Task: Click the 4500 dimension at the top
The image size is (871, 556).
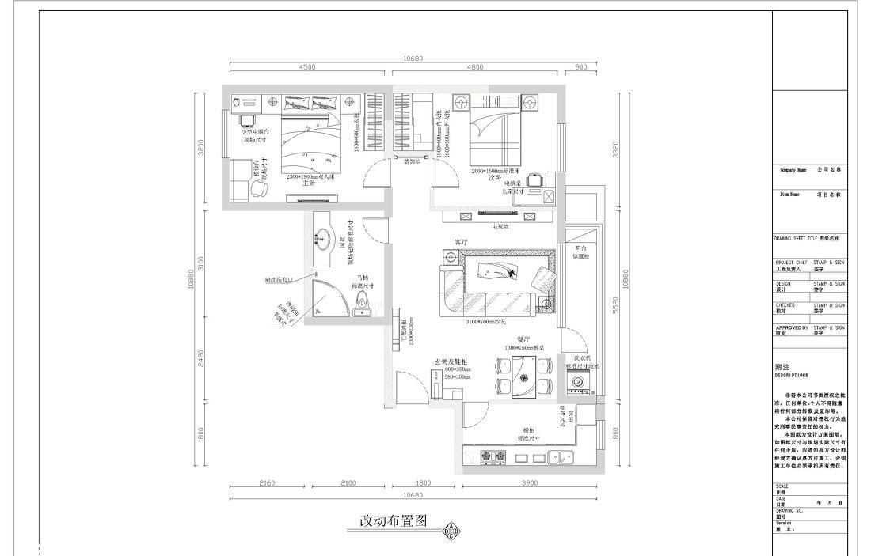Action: click(x=307, y=67)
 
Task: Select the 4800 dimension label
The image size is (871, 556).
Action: click(x=475, y=67)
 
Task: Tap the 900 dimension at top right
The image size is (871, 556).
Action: click(x=580, y=67)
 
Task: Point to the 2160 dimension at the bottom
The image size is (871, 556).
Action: click(x=267, y=483)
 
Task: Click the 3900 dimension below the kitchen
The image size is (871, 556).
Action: click(x=530, y=483)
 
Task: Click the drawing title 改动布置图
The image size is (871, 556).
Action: click(x=394, y=521)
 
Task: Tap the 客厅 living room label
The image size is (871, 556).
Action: click(x=460, y=241)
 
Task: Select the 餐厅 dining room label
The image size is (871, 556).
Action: click(x=522, y=339)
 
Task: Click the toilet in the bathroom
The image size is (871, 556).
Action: click(x=363, y=302)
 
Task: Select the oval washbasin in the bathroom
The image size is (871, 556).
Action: click(x=322, y=235)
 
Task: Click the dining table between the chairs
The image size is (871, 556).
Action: click(x=522, y=376)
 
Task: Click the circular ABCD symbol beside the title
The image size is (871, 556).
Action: click(x=451, y=531)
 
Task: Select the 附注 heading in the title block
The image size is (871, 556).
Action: click(x=783, y=367)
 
